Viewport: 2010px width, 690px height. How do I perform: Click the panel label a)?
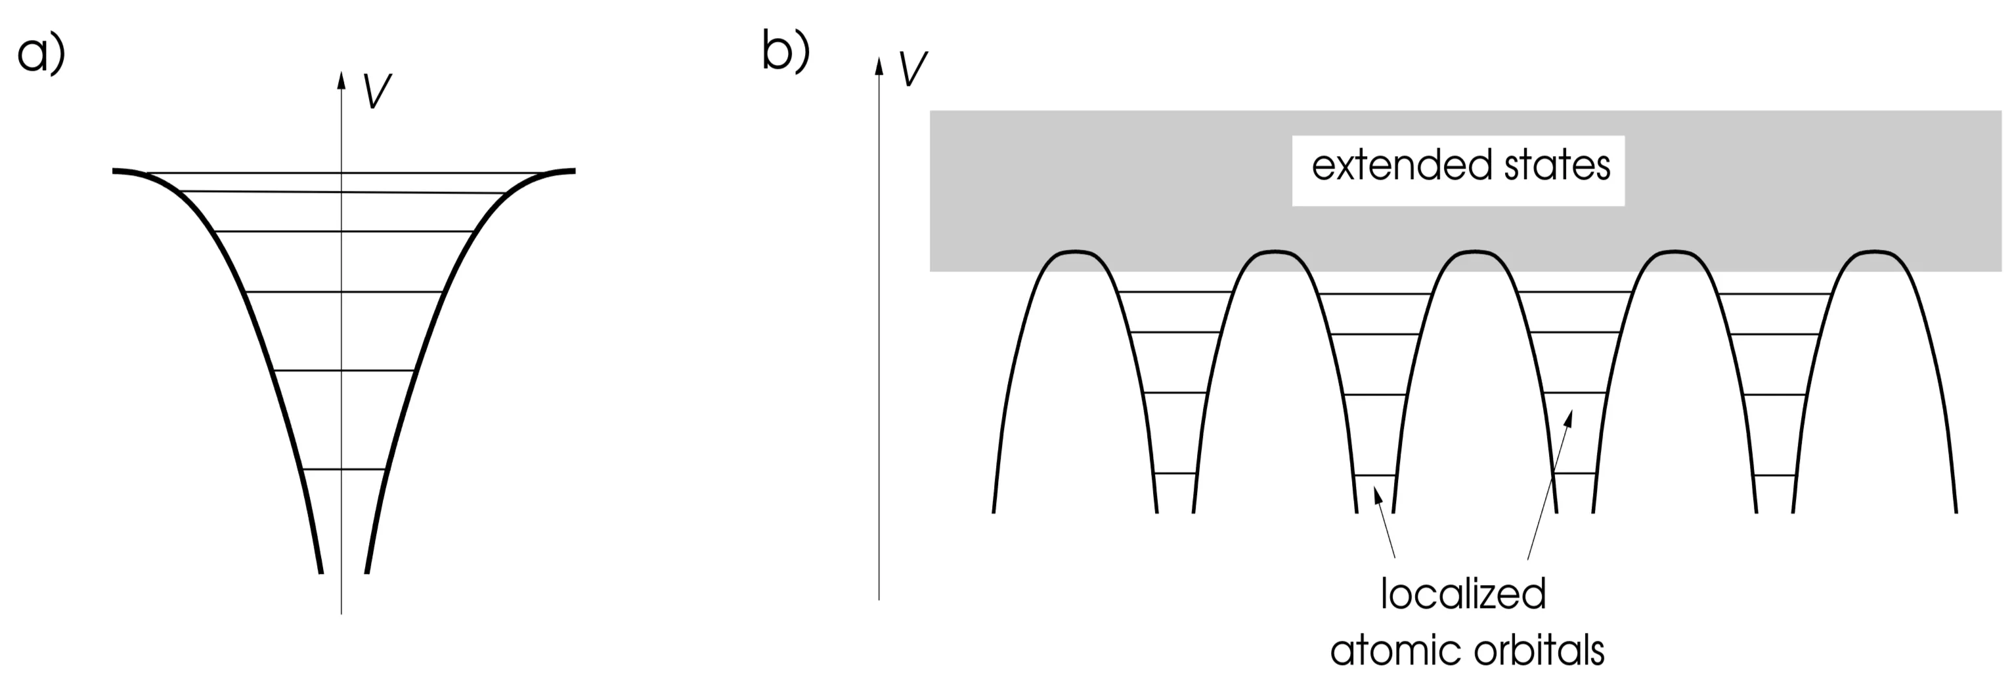[41, 54]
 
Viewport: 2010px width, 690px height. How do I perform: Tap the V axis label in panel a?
[377, 92]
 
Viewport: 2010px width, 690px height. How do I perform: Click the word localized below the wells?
[1463, 594]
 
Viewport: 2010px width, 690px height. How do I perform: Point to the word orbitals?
[1537, 650]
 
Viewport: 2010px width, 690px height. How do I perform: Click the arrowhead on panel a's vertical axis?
[341, 79]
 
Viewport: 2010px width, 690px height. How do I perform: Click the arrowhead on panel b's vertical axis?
[879, 66]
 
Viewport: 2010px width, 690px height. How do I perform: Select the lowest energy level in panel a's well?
[344, 470]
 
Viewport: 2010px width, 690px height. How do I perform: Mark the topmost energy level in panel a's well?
[343, 173]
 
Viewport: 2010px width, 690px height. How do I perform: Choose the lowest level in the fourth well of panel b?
[1774, 475]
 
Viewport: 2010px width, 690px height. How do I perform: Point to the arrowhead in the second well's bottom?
[1378, 495]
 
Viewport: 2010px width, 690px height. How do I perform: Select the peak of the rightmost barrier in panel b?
[1874, 252]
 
